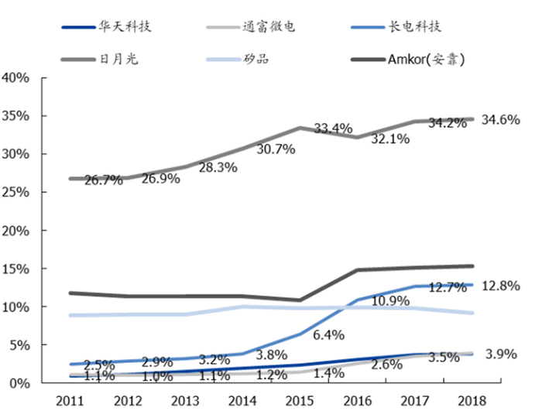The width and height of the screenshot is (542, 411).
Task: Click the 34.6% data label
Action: point(500,120)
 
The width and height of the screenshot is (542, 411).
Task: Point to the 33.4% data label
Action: point(333,128)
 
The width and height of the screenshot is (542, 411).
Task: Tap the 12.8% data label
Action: point(500,285)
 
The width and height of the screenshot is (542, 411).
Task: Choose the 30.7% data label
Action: point(276,149)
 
